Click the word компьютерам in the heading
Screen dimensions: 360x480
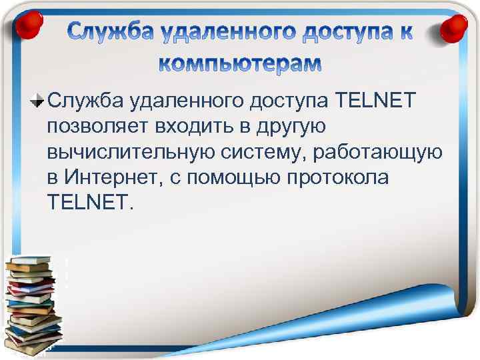tap(239, 63)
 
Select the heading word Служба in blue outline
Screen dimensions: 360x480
tap(105, 31)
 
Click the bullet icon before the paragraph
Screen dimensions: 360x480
tap(39, 102)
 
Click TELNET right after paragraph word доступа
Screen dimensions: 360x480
tap(377, 101)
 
